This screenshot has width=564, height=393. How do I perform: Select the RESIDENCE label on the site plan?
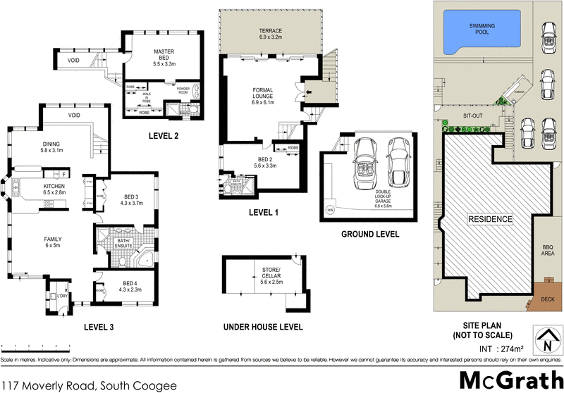click(491, 219)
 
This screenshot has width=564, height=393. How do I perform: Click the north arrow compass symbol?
click(546, 340)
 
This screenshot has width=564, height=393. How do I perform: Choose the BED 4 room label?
click(130, 285)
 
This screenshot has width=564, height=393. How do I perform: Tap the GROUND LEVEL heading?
click(370, 235)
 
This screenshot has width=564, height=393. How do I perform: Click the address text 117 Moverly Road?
click(87, 385)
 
